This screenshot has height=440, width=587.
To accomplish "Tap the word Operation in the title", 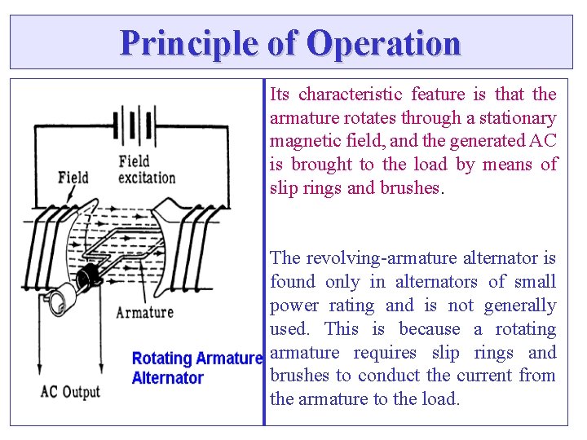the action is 383,42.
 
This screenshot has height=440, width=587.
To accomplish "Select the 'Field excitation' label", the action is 147,169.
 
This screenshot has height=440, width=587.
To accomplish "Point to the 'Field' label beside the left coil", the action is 73,177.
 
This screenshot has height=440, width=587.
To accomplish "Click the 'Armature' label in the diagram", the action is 144,312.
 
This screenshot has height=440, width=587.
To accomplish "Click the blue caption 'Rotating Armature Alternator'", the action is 196,368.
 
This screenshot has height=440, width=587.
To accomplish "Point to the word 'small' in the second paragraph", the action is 536,282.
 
